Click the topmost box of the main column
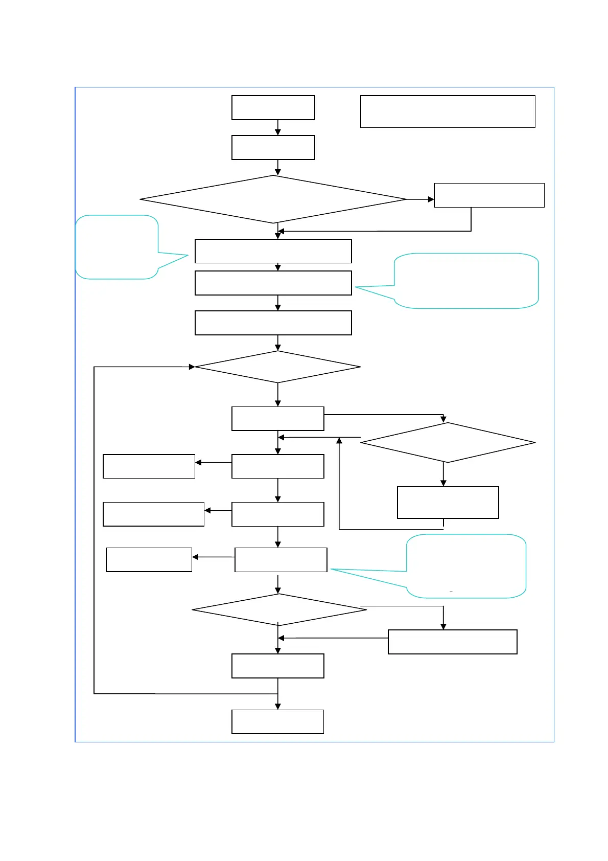[x=273, y=107]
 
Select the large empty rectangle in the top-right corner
[x=448, y=111]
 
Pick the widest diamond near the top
[x=273, y=199]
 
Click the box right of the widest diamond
[x=489, y=195]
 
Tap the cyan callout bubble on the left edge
[x=117, y=247]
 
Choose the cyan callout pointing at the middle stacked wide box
[x=466, y=281]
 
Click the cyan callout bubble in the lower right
[x=466, y=566]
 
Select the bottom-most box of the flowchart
[x=277, y=721]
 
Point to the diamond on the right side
[x=448, y=442]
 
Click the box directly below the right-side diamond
[x=448, y=502]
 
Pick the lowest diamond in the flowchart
[x=279, y=609]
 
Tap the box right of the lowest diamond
[x=452, y=642]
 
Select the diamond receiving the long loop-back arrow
[x=277, y=367]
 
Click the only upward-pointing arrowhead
[x=339, y=441]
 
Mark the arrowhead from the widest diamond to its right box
[x=431, y=199]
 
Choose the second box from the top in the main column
[x=273, y=147]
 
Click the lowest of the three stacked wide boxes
[x=273, y=323]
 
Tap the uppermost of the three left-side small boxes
[x=149, y=466]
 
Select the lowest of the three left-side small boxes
[x=149, y=559]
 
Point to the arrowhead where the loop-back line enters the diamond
[x=192, y=367]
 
